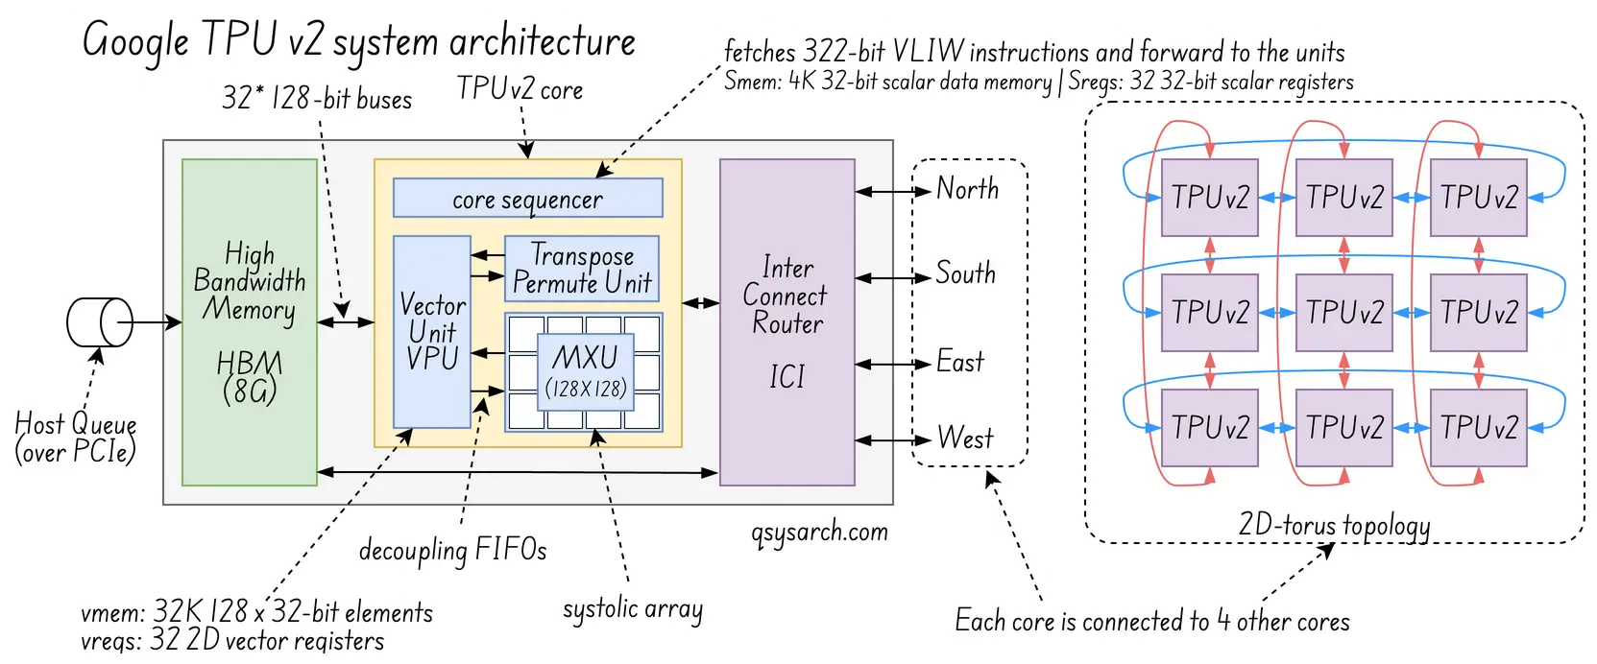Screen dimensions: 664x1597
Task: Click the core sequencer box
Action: [x=527, y=199]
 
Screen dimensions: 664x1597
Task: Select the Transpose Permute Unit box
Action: [x=582, y=270]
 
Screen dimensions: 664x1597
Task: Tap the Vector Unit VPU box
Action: [x=432, y=331]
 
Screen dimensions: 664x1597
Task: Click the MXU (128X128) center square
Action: [x=585, y=371]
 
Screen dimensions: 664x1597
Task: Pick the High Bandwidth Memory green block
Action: [x=250, y=321]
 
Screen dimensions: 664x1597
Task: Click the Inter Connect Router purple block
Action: [x=786, y=321]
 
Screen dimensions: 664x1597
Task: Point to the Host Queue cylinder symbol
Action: [x=100, y=322]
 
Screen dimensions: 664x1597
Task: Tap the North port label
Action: [x=967, y=189]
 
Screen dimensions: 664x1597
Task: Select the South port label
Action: [x=965, y=273]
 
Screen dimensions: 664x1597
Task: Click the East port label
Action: [x=959, y=363]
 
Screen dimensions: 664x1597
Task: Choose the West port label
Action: [x=964, y=439]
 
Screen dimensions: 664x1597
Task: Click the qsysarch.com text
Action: [x=820, y=532]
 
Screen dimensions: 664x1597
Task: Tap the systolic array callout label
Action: [x=632, y=609]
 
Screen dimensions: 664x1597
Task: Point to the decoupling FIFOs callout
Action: [x=452, y=550]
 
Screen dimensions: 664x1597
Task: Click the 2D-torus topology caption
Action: [x=1334, y=526]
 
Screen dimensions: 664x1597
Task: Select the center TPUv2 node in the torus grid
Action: [x=1343, y=312]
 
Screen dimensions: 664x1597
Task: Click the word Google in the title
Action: [x=135, y=41]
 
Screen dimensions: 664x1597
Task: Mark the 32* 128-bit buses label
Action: [x=317, y=99]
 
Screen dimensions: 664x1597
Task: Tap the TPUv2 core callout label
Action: [x=520, y=89]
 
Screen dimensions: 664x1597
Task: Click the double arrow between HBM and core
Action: [x=346, y=322]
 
